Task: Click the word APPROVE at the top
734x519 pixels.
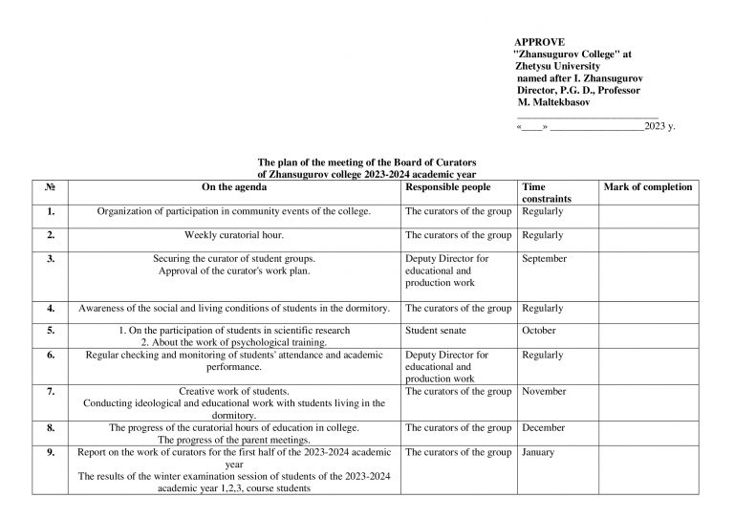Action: pyautogui.click(x=540, y=43)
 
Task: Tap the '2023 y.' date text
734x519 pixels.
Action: pyautogui.click(x=660, y=125)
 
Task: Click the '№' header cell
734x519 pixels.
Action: pyautogui.click(x=50, y=187)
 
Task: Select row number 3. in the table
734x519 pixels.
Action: pyautogui.click(x=50, y=259)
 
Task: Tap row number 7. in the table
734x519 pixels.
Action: pyautogui.click(x=50, y=392)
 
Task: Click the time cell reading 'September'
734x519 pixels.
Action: pyautogui.click(x=545, y=259)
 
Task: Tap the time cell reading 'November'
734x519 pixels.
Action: pyautogui.click(x=545, y=392)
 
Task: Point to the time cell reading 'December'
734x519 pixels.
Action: pyautogui.click(x=544, y=428)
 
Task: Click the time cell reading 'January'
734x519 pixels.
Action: pyautogui.click(x=538, y=453)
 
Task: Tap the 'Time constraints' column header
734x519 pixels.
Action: pyautogui.click(x=547, y=193)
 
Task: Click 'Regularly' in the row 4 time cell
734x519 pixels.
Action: pyautogui.click(x=543, y=309)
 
